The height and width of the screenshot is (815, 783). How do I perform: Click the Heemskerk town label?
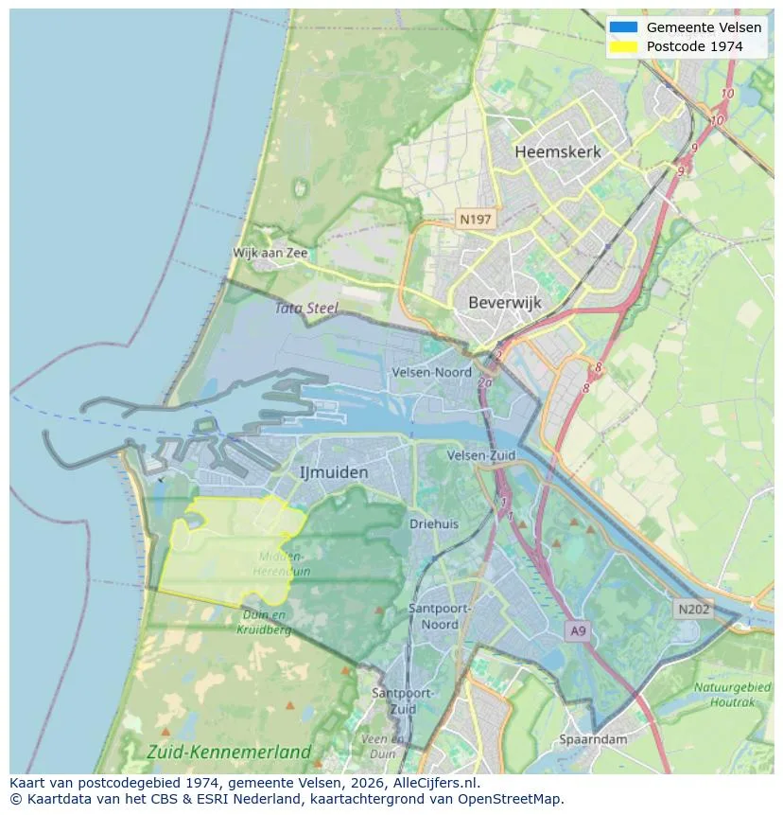tap(557, 151)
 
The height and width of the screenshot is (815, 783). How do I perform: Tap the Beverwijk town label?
tap(504, 303)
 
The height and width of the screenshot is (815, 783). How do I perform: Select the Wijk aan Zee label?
tap(270, 254)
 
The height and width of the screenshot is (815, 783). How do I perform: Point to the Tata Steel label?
tap(306, 308)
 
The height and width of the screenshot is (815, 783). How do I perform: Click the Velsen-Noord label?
tap(431, 373)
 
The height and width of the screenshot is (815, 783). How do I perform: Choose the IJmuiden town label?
tap(334, 471)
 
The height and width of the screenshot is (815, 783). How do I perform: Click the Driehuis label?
tap(434, 523)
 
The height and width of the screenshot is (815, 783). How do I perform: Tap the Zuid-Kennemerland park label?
tap(229, 753)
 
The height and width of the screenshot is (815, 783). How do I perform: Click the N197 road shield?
tap(475, 220)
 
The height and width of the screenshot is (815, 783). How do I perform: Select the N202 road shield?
tap(692, 610)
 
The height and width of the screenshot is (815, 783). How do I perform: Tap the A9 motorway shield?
tap(578, 629)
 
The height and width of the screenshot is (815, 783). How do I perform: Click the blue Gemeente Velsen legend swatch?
tap(623, 27)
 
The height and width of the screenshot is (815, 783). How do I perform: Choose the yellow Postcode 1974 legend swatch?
tap(623, 46)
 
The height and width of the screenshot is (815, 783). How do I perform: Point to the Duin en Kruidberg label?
tap(264, 622)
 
